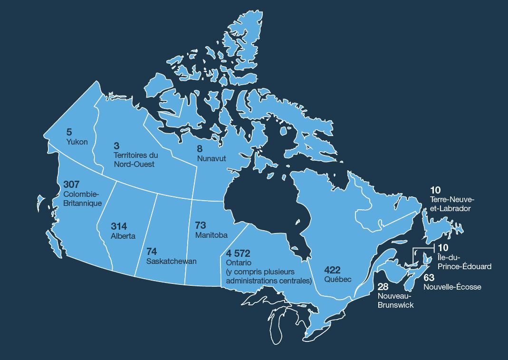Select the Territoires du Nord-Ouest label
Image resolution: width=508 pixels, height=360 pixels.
coord(136,160)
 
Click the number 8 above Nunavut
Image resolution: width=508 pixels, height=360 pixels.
coord(200,149)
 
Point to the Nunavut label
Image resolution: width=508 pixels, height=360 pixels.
coord(211,158)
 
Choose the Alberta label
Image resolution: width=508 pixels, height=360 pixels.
coord(123,236)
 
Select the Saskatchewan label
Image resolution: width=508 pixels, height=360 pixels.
coord(172,262)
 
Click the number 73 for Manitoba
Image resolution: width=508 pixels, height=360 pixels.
coord(201,225)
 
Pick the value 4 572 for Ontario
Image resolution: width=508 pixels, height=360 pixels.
coord(238,253)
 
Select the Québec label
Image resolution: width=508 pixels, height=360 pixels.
coord(338,280)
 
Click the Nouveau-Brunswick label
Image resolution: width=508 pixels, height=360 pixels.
coord(395,300)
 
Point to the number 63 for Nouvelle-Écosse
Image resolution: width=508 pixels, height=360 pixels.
coord(429,277)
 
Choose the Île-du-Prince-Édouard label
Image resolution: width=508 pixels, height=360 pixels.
coord(464,262)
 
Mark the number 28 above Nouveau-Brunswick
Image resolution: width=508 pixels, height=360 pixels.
coord(383,286)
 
